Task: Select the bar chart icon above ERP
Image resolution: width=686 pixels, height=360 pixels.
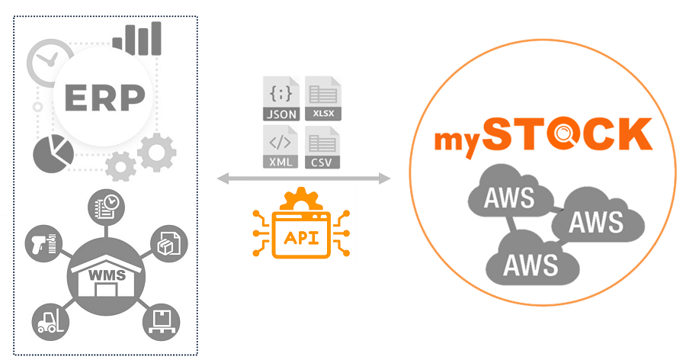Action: click(138, 38)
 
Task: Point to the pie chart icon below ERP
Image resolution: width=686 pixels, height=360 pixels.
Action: click(53, 153)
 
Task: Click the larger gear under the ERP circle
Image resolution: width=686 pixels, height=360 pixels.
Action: click(156, 152)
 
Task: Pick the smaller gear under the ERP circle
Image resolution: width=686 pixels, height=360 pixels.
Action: click(120, 165)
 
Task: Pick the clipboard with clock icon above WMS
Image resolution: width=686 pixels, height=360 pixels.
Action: click(104, 205)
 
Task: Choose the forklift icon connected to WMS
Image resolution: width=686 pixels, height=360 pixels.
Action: click(48, 320)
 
